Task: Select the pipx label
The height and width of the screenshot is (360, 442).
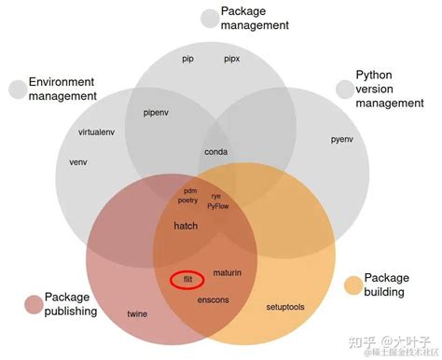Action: pyautogui.click(x=232, y=59)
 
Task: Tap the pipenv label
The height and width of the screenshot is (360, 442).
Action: pyautogui.click(x=156, y=112)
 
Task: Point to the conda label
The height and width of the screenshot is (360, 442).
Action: pyautogui.click(x=216, y=151)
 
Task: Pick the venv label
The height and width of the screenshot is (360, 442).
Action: pyautogui.click(x=78, y=161)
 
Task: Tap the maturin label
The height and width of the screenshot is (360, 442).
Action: pyautogui.click(x=227, y=272)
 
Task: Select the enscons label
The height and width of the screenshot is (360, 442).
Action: pyautogui.click(x=214, y=300)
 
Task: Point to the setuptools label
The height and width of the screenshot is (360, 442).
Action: pyautogui.click(x=285, y=306)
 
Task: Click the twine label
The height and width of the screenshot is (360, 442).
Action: pyautogui.click(x=137, y=313)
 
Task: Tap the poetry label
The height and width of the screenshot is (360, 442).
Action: pyautogui.click(x=188, y=201)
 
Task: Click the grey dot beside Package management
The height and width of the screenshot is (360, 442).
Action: pyautogui.click(x=209, y=19)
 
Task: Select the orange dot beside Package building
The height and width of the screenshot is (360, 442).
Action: pyautogui.click(x=352, y=284)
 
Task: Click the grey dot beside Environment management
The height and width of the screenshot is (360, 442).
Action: pyautogui.click(x=18, y=90)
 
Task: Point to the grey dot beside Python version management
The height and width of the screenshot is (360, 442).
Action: pyautogui.click(x=345, y=88)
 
